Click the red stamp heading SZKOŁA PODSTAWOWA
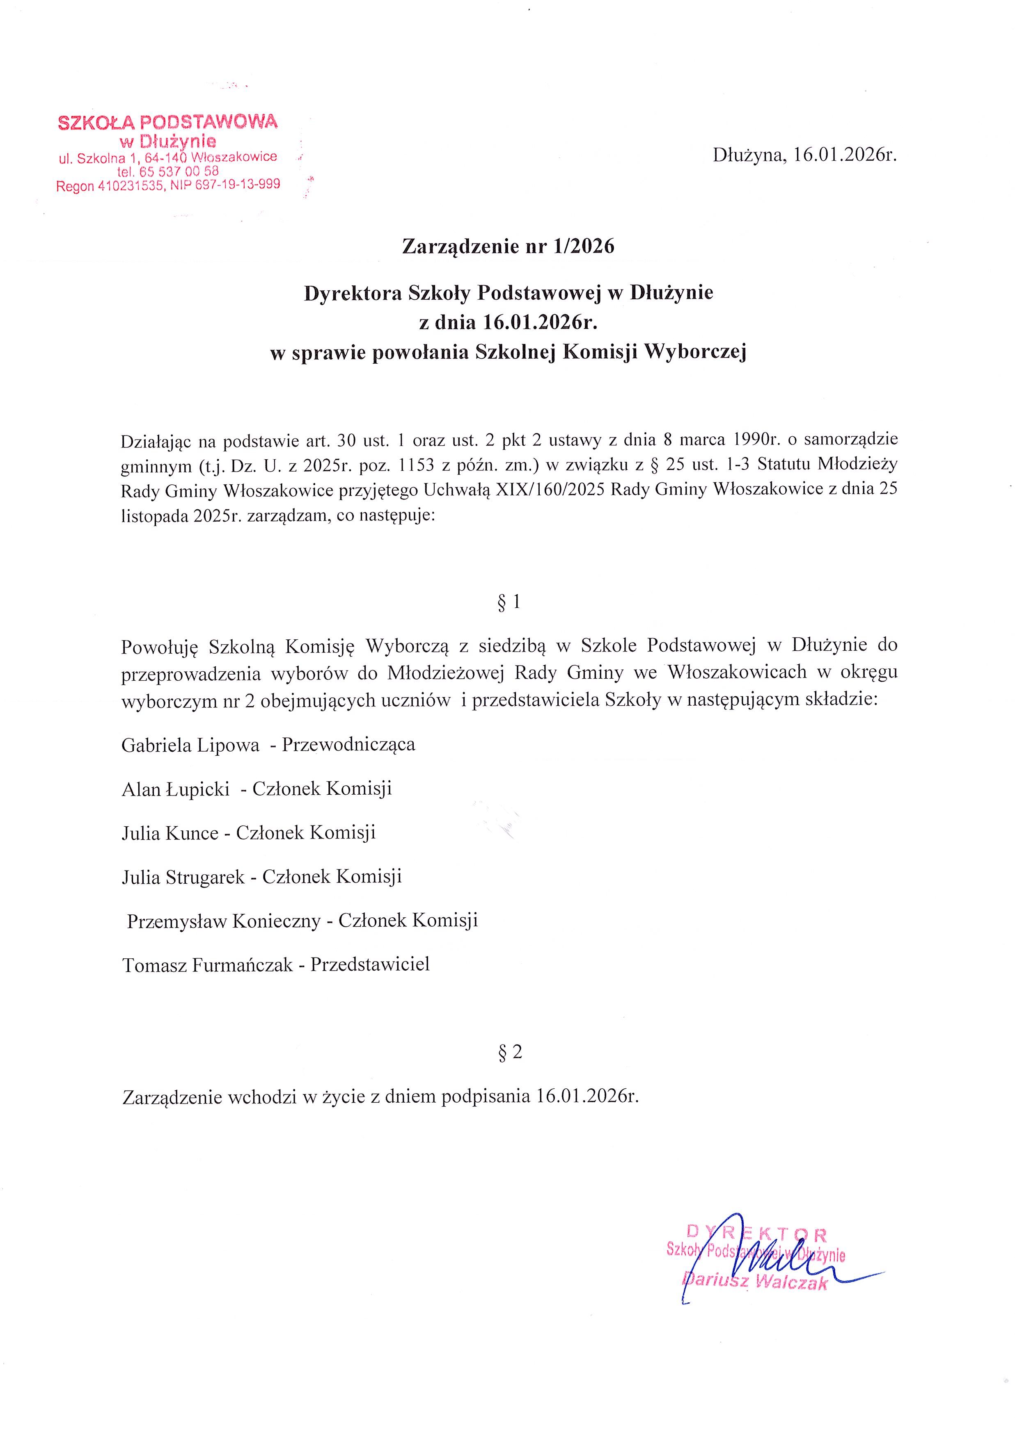click(167, 122)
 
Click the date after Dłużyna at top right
click(845, 155)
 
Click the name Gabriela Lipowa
click(190, 745)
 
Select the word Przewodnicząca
click(348, 745)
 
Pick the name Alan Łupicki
click(176, 789)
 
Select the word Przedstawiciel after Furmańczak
click(370, 964)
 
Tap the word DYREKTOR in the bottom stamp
click(756, 1233)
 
